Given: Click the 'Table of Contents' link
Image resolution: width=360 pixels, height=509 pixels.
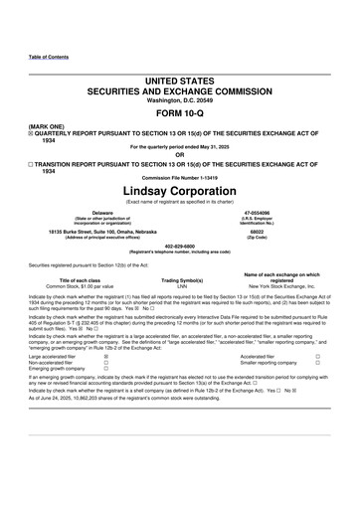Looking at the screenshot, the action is click(x=49, y=57).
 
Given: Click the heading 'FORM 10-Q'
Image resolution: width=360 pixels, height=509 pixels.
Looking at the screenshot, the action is click(x=180, y=113).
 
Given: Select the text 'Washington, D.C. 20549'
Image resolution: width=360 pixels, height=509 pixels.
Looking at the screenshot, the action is click(x=180, y=100).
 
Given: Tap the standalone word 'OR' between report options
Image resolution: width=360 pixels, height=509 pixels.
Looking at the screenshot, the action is click(x=180, y=154).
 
